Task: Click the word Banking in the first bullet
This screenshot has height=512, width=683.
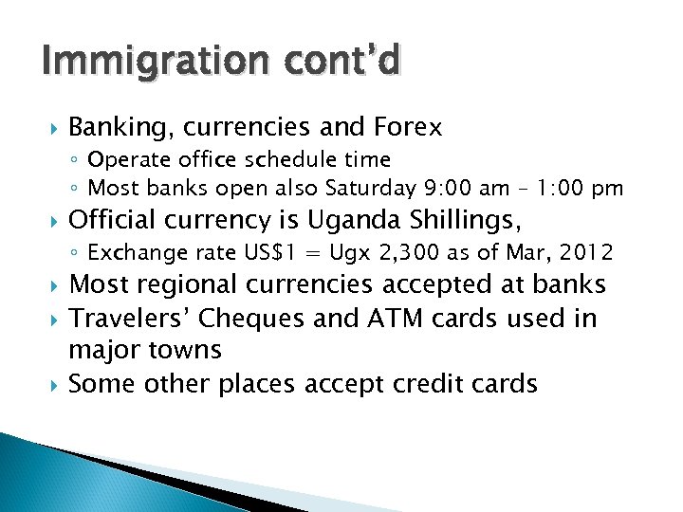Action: click(120, 127)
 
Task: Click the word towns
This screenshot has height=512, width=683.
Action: click(185, 350)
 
